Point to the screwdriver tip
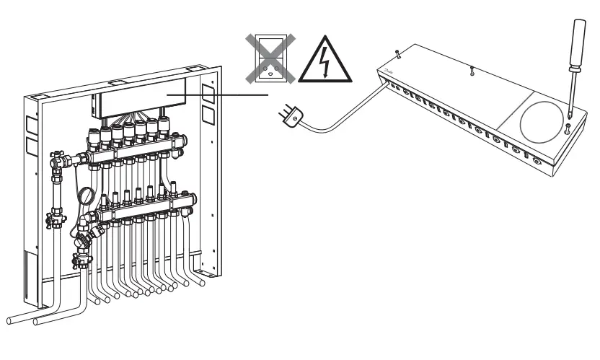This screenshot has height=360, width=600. tap(569, 116)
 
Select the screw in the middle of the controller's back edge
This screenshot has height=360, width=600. tap(470, 71)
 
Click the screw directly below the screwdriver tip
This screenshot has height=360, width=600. tap(568, 127)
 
